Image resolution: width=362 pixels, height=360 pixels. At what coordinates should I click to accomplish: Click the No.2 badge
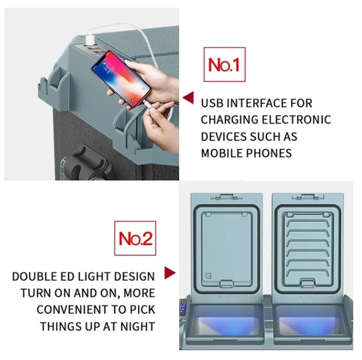tap(136, 238)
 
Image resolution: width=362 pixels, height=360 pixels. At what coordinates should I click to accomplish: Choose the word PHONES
tap(270, 153)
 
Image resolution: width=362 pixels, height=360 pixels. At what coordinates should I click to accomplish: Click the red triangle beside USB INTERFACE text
tap(188, 99)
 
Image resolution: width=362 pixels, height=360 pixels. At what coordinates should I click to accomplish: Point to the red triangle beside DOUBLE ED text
tap(170, 273)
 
